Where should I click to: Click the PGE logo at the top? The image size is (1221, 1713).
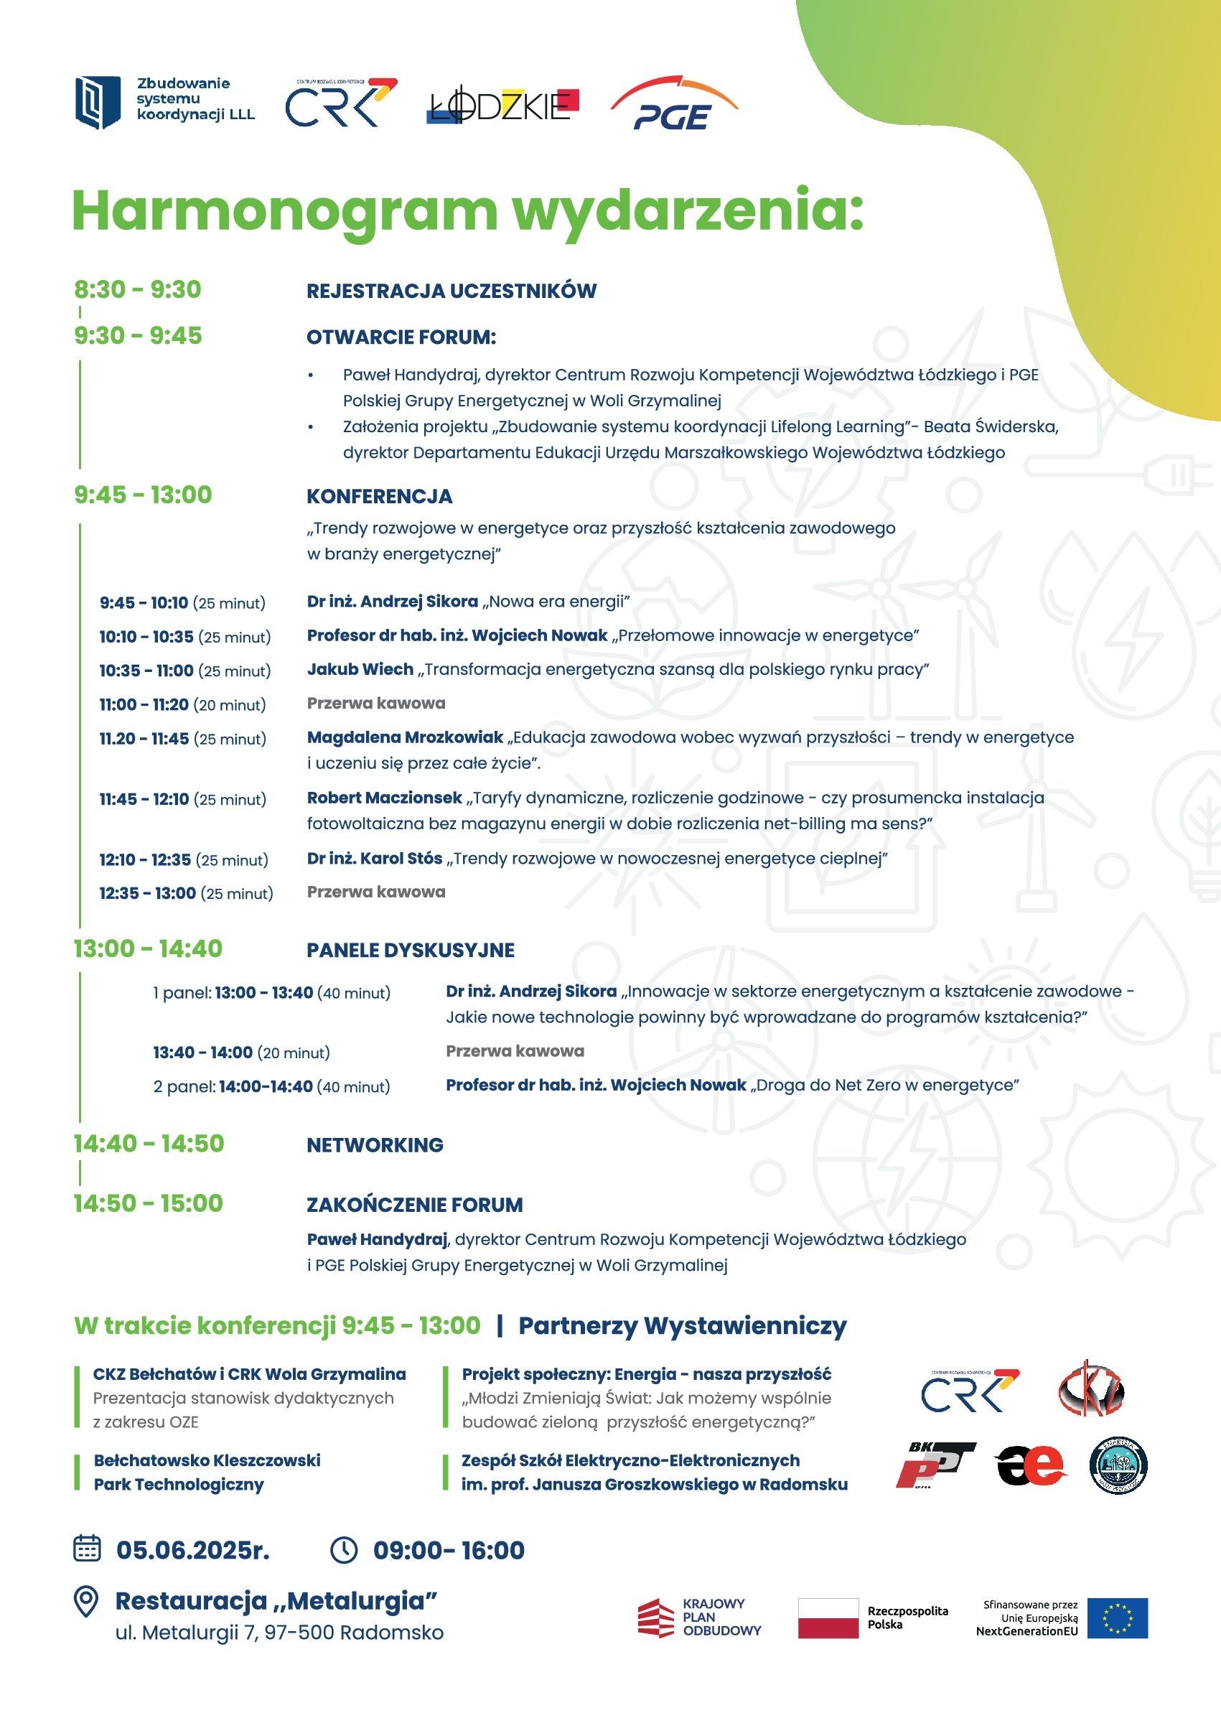[673, 106]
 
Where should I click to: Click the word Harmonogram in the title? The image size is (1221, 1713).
[284, 212]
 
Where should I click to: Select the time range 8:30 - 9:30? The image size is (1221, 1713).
[138, 289]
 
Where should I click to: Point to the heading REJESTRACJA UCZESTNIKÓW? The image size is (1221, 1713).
[451, 291]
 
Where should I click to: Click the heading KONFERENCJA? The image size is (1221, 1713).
[379, 496]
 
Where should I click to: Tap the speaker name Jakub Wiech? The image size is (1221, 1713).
[360, 669]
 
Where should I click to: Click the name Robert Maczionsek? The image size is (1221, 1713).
[384, 797]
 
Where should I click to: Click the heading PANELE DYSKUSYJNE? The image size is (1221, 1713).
[411, 950]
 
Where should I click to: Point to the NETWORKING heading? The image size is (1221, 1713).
[375, 1144]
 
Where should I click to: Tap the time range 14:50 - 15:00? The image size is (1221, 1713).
[148, 1203]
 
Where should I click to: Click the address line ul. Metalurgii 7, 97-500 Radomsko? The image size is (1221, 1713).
[279, 1633]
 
